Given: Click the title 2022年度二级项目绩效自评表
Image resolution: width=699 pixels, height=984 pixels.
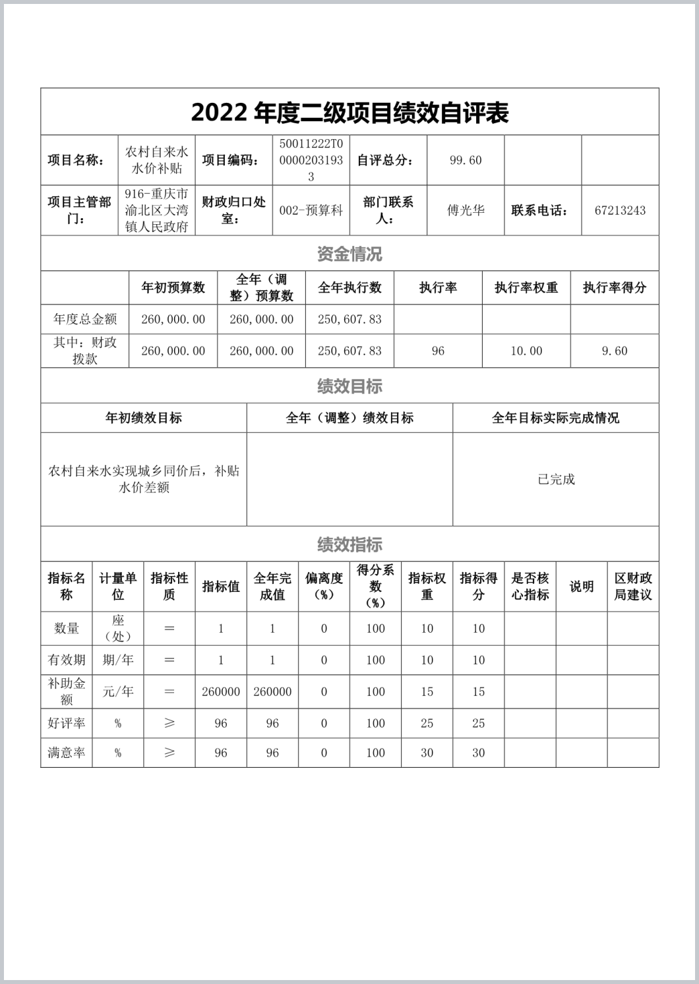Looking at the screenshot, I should pyautogui.click(x=349, y=113).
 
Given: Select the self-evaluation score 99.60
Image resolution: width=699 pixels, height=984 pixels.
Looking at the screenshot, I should pyautogui.click(x=466, y=160).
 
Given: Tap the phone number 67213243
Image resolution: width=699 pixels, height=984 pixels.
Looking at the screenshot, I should pyautogui.click(x=620, y=211).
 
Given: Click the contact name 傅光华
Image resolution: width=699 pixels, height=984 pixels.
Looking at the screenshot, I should pyautogui.click(x=466, y=211).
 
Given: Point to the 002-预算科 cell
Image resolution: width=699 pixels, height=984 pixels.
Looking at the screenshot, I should pyautogui.click(x=311, y=211).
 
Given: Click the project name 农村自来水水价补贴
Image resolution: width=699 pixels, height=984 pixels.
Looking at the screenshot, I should pyautogui.click(x=157, y=160).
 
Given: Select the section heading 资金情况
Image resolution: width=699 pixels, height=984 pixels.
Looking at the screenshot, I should pyautogui.click(x=349, y=254).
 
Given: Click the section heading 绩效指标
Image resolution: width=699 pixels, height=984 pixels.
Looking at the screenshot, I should pyautogui.click(x=349, y=544).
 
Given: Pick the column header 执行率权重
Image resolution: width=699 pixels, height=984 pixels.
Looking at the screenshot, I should pyautogui.click(x=526, y=287).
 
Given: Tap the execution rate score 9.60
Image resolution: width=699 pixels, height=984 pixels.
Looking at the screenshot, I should pyautogui.click(x=615, y=351).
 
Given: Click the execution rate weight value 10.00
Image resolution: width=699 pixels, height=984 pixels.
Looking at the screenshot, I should pyautogui.click(x=526, y=351).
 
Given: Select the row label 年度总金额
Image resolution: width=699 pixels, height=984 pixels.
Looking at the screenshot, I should pyautogui.click(x=85, y=320).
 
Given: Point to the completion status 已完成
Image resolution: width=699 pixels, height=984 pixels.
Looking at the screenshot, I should pyautogui.click(x=556, y=479).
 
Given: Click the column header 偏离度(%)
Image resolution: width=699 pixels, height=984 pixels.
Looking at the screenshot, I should pyautogui.click(x=324, y=586).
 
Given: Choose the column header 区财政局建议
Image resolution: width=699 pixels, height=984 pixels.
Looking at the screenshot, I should pyautogui.click(x=633, y=586).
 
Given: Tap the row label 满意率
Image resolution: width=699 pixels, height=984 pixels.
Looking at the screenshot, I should pyautogui.click(x=67, y=753).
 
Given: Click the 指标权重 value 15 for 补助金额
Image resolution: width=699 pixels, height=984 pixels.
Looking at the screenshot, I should pyautogui.click(x=427, y=691).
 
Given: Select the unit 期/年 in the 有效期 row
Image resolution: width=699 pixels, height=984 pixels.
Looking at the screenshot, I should pyautogui.click(x=118, y=660).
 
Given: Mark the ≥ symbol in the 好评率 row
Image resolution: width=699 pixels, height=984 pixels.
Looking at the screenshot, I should pyautogui.click(x=169, y=723).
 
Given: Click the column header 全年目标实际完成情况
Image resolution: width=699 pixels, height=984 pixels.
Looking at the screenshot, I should pyautogui.click(x=556, y=418).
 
